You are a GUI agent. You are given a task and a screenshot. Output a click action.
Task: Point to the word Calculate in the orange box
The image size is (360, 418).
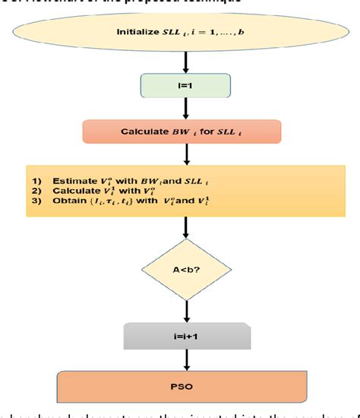[144, 131]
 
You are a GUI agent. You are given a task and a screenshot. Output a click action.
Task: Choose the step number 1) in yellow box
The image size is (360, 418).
[36, 181]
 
